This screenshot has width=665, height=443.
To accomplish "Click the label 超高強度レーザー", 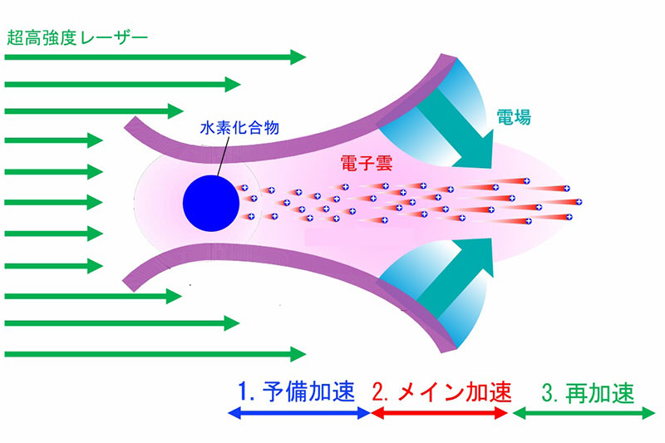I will click(76, 37).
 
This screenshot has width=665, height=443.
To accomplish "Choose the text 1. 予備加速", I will click(296, 390).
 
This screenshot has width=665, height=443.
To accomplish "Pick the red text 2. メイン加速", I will click(440, 390).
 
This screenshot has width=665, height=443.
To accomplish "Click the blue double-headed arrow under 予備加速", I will click(298, 413).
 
